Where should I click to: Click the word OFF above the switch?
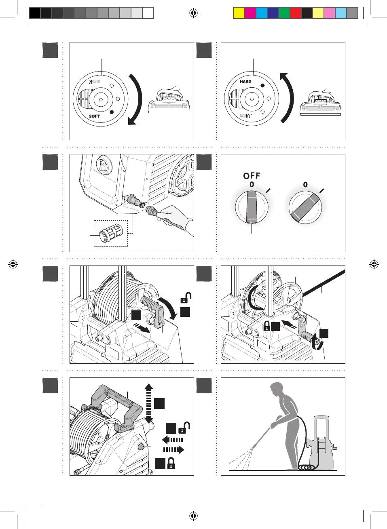pos(252,176)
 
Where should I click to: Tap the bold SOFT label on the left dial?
pos(94,116)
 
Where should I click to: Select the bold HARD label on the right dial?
pos(245,82)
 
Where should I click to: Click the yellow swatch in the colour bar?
pos(239,13)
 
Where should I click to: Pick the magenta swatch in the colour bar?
pos(250,13)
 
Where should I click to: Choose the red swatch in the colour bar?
pos(296,13)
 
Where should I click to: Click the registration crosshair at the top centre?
pos(194,14)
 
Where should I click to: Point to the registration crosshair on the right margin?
pos(374,265)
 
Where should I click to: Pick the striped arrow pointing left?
pos(173,440)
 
